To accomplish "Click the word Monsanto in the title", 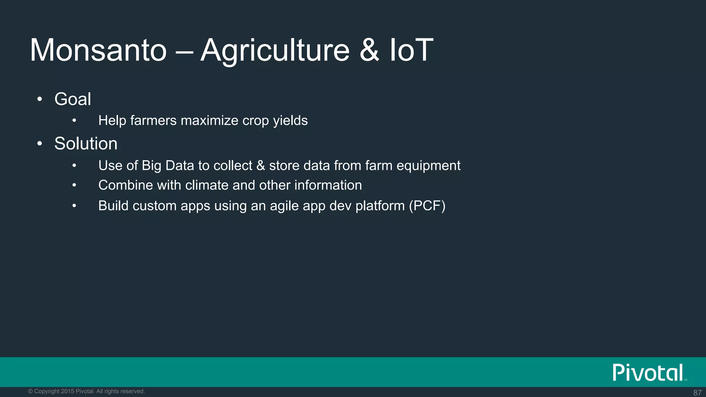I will click(99, 50).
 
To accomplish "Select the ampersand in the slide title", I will click(369, 50).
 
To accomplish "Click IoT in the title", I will click(411, 50).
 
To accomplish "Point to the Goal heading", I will click(73, 99).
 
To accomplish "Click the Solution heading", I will click(86, 143).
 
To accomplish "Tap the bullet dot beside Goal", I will click(40, 100).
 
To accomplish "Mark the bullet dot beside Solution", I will click(40, 144).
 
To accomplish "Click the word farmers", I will click(153, 121).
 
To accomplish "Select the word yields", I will click(290, 121).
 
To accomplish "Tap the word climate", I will click(207, 185).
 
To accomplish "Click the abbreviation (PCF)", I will click(427, 206).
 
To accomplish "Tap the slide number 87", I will click(697, 393).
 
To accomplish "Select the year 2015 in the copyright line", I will click(68, 391).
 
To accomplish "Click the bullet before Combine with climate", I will click(74, 185).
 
